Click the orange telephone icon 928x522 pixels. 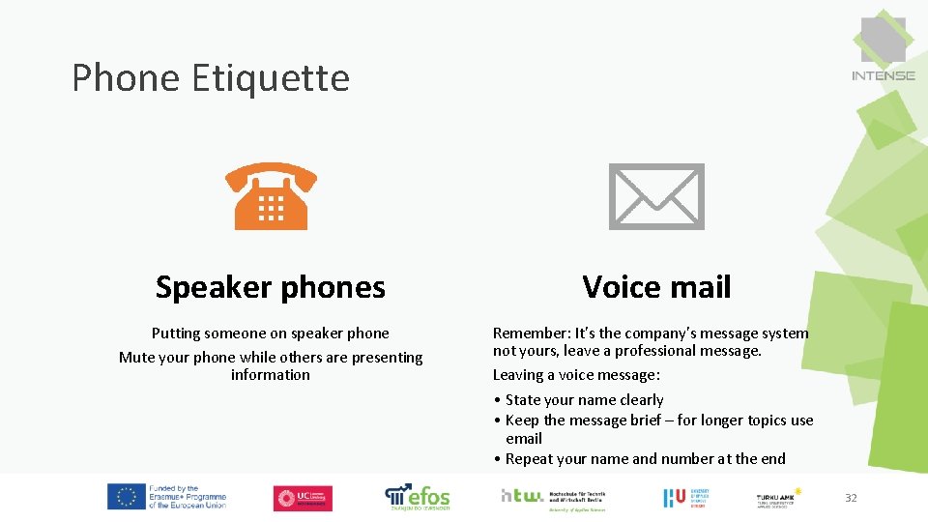tap(271, 195)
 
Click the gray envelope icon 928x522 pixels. tap(656, 195)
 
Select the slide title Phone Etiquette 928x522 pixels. tap(211, 77)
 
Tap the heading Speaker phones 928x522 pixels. tap(271, 287)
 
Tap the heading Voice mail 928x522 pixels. tap(656, 287)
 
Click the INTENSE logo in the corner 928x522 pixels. tap(883, 48)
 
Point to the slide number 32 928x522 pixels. tap(851, 498)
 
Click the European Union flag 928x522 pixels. tap(126, 497)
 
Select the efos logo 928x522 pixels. tap(418, 497)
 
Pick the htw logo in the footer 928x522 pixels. tap(522, 496)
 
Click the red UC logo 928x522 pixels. tap(303, 498)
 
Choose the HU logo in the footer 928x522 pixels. tap(674, 498)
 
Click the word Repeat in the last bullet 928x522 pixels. tap(528, 459)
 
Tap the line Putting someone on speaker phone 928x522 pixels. tap(271, 333)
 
